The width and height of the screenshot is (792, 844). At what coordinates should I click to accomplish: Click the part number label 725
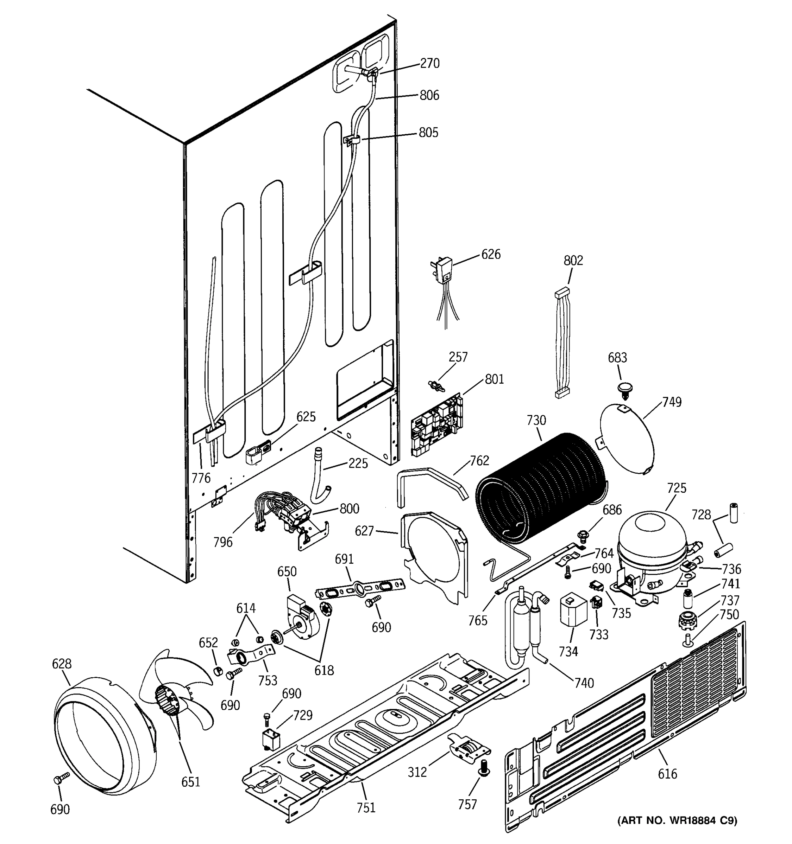pos(677,488)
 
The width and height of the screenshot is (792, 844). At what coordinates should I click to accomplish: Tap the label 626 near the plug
pos(491,254)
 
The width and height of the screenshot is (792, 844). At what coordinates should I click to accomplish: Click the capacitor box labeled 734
pos(573,609)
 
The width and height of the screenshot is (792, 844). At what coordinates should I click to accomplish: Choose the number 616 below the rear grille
pos(667,774)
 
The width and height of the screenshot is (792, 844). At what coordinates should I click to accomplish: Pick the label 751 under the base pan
pos(366,807)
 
